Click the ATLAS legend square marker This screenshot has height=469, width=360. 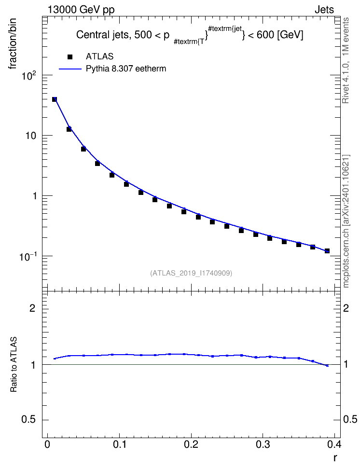coord(69,57)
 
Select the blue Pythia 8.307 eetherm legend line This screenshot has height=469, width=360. coord(70,69)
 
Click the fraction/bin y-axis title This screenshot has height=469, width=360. coord(12,44)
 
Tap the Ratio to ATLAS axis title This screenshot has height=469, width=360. coord(14,364)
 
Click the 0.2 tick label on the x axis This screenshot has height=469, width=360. coord(191,444)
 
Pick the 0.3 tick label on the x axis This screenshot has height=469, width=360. coord(263,444)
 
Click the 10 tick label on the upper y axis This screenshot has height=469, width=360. coord(30,136)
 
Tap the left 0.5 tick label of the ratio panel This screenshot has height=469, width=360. coord(28,420)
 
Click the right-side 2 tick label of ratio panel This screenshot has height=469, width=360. coord(346,308)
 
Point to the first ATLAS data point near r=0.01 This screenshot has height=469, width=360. coord(55,99)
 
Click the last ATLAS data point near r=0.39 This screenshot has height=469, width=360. coord(327,251)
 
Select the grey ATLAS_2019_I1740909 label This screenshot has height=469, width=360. coord(191,273)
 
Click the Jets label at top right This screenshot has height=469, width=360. coord(324,10)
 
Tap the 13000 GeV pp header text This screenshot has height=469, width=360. coord(81,10)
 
